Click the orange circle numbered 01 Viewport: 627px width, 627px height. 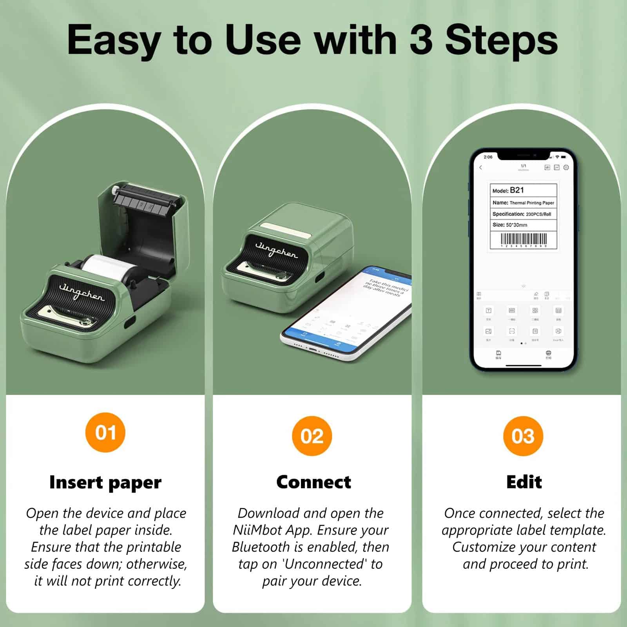(105, 432)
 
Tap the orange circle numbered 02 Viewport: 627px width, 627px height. (312, 436)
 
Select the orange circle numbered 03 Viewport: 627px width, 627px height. (523, 436)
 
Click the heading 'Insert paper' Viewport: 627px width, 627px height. (105, 482)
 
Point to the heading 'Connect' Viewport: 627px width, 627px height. (313, 482)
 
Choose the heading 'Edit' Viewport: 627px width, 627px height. (524, 482)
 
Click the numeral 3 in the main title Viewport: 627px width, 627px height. (421, 40)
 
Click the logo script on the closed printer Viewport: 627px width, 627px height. (276, 250)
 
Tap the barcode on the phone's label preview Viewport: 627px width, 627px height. (524, 239)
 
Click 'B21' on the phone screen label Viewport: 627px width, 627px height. (517, 190)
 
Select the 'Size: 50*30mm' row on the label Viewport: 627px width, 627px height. (510, 225)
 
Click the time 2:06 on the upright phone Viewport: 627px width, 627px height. (488, 157)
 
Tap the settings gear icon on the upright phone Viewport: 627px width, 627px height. (566, 167)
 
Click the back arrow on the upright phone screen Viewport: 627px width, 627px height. (481, 167)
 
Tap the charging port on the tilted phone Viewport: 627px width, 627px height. (313, 348)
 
